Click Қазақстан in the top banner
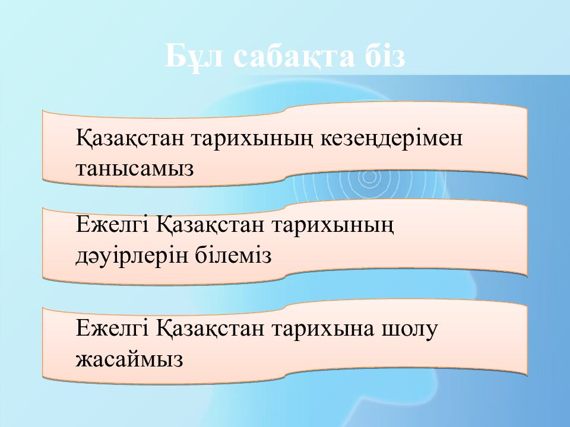[130, 138]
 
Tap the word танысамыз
[135, 169]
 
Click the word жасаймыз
[129, 359]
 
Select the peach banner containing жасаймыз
[285, 342]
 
